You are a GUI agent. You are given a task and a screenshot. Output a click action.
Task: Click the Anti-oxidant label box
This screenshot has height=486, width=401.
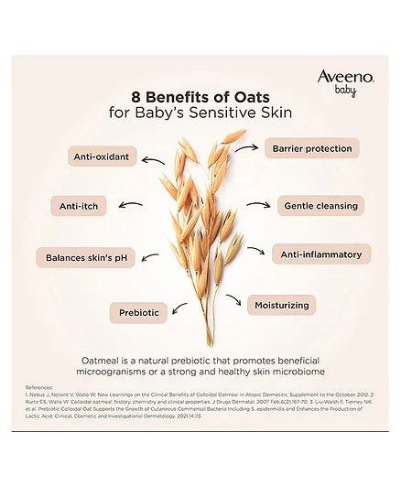point(104,157)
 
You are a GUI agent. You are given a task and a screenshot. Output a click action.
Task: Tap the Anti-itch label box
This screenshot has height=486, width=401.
point(79,206)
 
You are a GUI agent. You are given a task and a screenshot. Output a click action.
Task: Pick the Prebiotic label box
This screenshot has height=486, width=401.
point(139,313)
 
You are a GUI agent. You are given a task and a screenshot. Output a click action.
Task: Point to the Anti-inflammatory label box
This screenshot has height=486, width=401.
point(320,254)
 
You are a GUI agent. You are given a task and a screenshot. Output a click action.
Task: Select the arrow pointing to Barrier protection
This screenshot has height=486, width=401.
point(245,149)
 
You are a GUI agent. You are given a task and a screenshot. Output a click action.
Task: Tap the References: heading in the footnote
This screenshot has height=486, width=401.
point(39,387)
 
